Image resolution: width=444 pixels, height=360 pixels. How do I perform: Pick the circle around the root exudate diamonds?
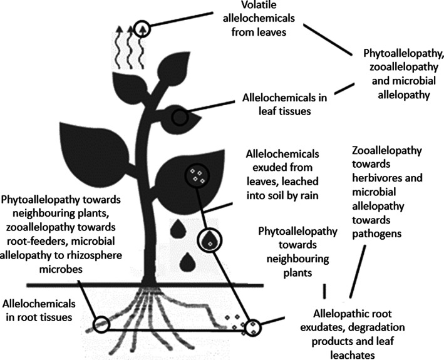pyautogui.click(x=253, y=326)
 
